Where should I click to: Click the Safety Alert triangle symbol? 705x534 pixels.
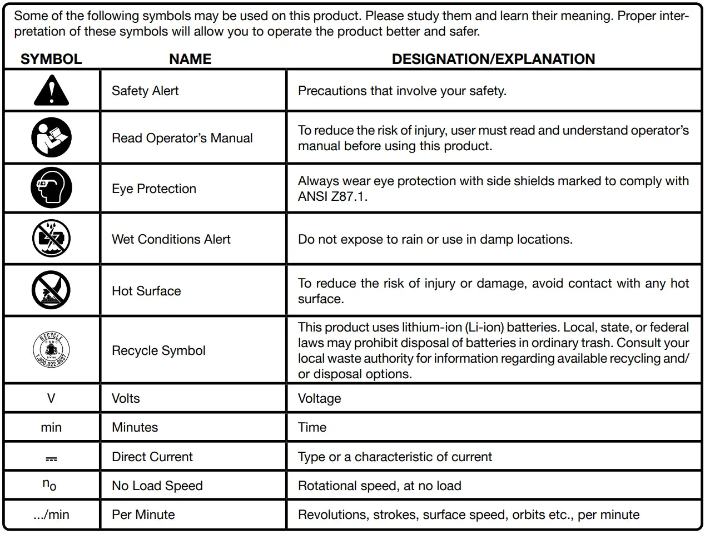(x=51, y=91)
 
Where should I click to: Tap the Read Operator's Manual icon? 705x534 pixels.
(x=51, y=137)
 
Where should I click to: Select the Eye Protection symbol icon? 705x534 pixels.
(x=51, y=188)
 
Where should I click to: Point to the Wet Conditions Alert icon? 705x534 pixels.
(x=51, y=239)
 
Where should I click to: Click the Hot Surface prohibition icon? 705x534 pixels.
(x=51, y=290)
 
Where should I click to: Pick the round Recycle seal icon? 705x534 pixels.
(x=51, y=350)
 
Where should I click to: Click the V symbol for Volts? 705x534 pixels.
(x=51, y=398)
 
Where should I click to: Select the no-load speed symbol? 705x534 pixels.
(x=49, y=485)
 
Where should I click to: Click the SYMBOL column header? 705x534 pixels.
(x=51, y=59)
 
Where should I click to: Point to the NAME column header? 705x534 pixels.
(x=190, y=59)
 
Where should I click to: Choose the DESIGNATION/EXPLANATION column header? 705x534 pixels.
(x=493, y=59)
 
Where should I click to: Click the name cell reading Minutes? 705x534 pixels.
(x=135, y=427)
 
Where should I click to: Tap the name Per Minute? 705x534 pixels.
(x=143, y=515)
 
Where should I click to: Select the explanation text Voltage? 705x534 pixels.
(x=319, y=398)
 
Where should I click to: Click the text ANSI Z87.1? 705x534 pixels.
(x=332, y=196)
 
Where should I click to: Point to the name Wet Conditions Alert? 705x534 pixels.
(x=171, y=239)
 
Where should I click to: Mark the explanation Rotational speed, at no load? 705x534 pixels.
(x=379, y=486)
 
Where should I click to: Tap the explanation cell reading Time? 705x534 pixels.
(x=312, y=427)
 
